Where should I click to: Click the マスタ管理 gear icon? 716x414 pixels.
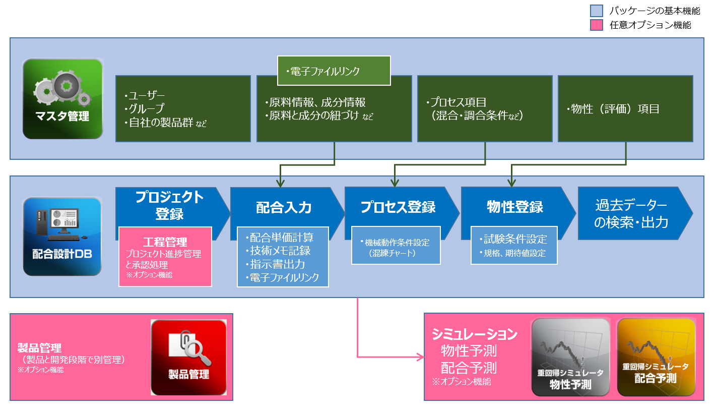(62, 99)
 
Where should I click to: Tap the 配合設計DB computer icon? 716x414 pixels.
(62, 236)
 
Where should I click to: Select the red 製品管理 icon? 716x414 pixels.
(188, 357)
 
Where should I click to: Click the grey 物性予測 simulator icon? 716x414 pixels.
(570, 357)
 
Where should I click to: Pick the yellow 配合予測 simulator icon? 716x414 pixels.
(656, 357)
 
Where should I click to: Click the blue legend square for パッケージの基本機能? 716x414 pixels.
(596, 11)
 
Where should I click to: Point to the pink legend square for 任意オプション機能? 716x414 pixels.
(596, 25)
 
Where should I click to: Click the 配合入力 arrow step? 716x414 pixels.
(284, 207)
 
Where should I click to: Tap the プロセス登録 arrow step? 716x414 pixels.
(398, 207)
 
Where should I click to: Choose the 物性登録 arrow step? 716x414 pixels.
(514, 207)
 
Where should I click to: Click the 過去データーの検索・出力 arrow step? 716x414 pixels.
(631, 213)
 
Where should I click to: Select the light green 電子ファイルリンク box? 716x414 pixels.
(334, 70)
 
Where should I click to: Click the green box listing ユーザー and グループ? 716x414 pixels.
(183, 108)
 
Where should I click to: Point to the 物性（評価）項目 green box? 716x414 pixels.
(625, 108)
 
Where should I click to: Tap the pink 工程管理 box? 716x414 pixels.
(165, 256)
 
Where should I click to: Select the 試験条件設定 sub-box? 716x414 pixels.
(514, 245)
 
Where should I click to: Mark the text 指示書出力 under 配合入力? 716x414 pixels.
(278, 264)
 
